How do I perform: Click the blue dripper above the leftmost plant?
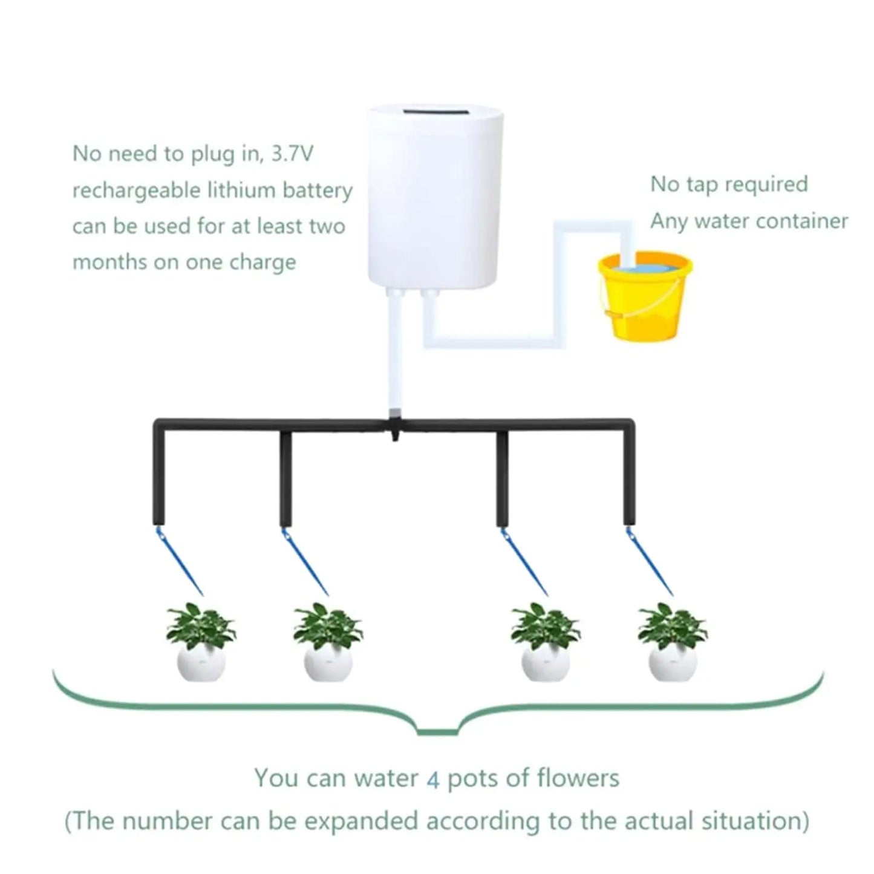tap(179, 560)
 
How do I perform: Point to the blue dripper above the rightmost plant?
tap(651, 560)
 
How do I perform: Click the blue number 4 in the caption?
tap(433, 779)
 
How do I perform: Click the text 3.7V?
tap(292, 154)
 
